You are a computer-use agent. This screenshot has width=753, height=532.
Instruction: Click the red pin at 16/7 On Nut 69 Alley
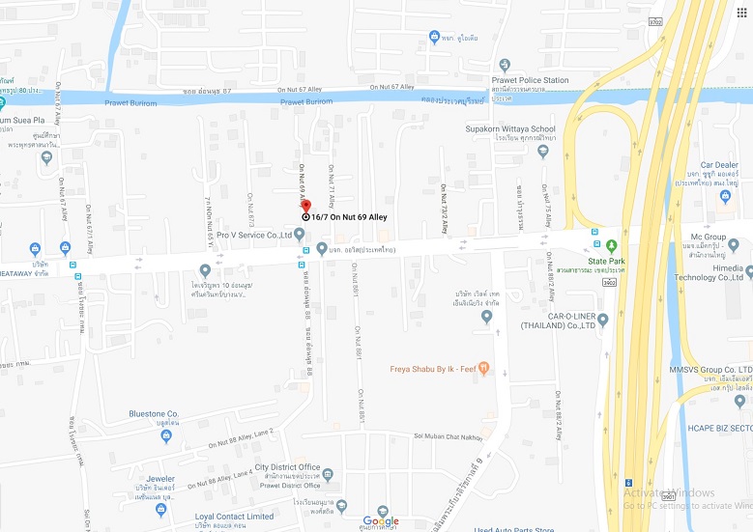coord(305,206)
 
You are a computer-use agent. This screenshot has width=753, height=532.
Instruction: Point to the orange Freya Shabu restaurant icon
coord(484,368)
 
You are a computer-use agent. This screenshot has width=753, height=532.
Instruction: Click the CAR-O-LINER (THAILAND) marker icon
coord(602,319)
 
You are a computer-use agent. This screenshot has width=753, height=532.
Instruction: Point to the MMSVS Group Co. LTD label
coord(710,370)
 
